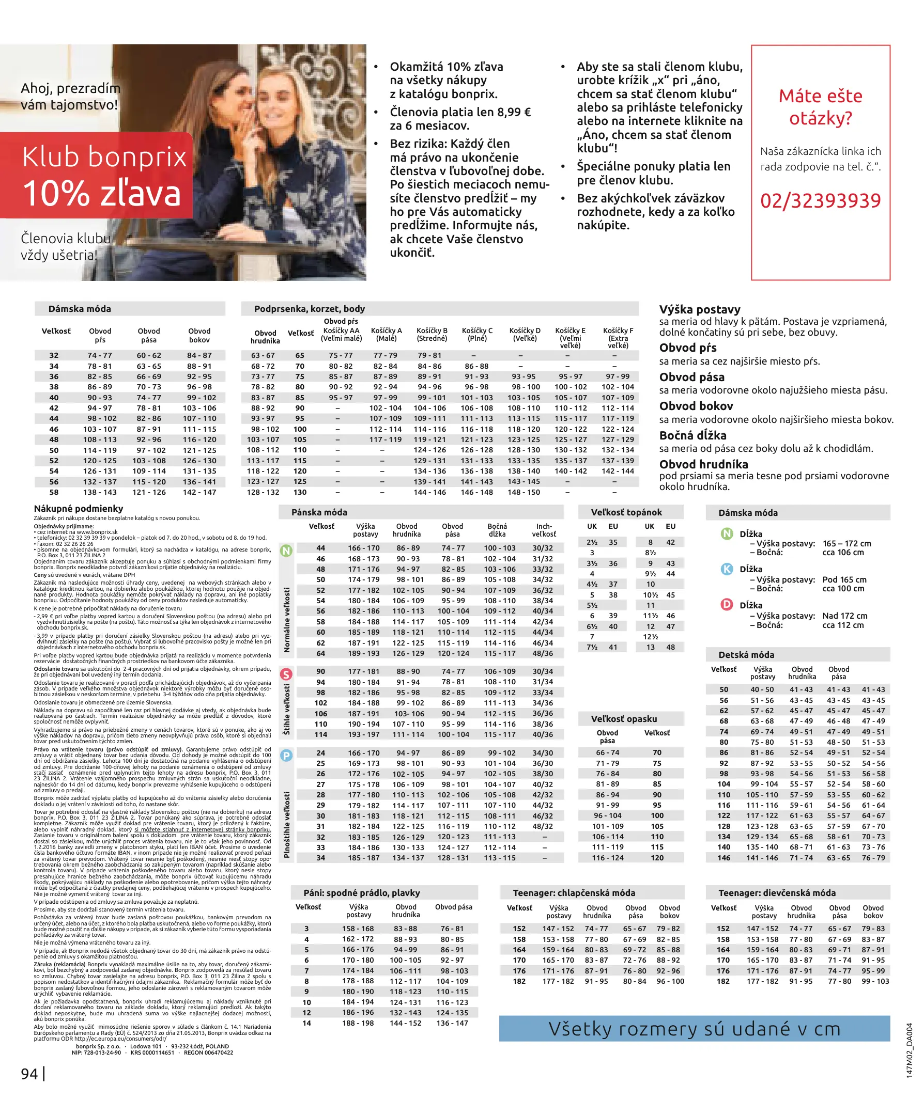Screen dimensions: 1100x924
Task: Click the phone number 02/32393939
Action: tap(820, 201)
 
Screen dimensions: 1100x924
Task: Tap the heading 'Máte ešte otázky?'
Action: tap(820, 107)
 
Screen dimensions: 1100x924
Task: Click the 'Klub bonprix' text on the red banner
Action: tap(104, 156)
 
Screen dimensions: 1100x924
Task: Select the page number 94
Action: tap(29, 1074)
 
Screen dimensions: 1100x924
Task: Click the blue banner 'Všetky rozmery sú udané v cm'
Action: tap(694, 1029)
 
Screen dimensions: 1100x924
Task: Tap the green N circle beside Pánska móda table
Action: tap(286, 551)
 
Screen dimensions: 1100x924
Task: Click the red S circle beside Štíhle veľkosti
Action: tap(286, 673)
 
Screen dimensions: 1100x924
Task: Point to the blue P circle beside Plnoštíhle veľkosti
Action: tap(286, 756)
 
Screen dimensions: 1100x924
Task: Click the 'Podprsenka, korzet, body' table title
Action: tap(309, 308)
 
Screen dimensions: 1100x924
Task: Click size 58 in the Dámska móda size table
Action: tap(54, 492)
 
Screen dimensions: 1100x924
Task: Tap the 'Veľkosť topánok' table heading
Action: tap(626, 512)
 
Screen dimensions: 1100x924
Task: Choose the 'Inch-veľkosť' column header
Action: tap(544, 530)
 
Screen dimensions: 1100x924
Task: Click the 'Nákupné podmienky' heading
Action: tap(79, 508)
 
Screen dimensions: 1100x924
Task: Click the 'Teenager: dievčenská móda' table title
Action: tap(777, 892)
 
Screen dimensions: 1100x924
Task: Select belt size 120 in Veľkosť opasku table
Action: tap(657, 858)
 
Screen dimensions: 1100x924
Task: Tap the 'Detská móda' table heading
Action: tap(746, 655)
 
